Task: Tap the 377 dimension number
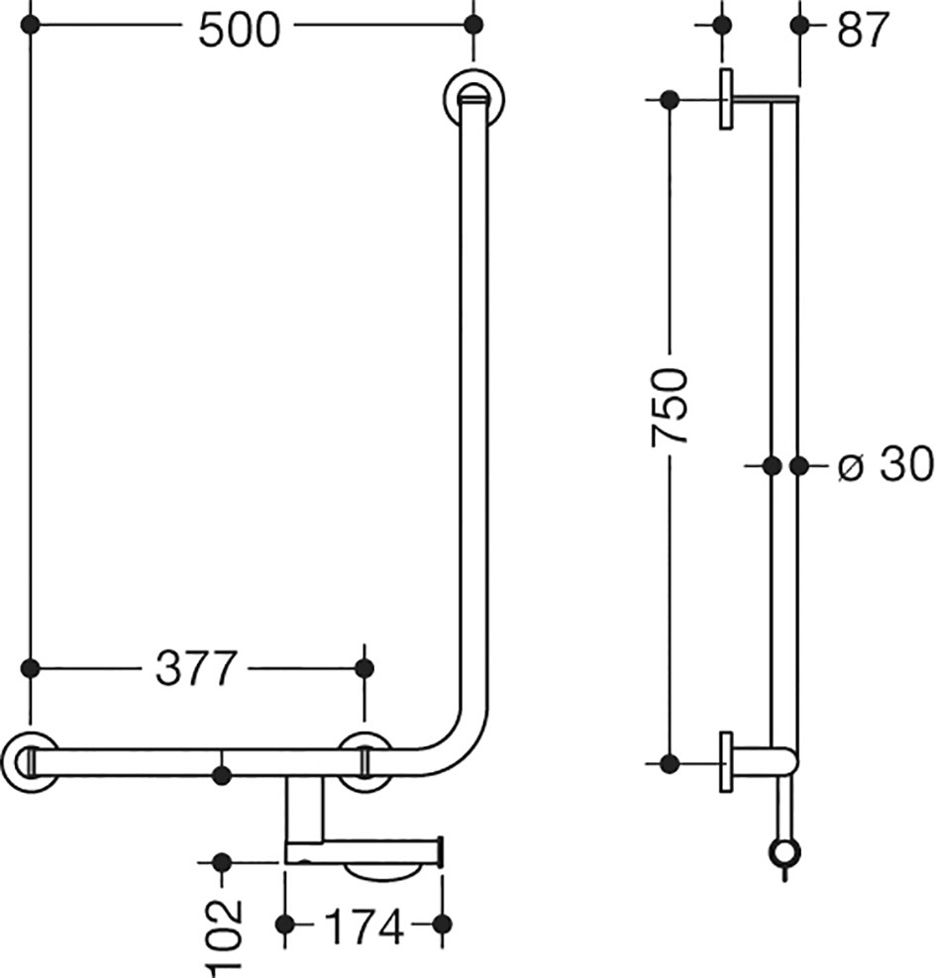[196, 668]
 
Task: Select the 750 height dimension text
[669, 407]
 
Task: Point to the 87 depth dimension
[863, 30]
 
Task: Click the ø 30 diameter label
[885, 464]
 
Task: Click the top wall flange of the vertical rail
[474, 98]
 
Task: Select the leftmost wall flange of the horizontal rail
[30, 762]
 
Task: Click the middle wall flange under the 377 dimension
[365, 762]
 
